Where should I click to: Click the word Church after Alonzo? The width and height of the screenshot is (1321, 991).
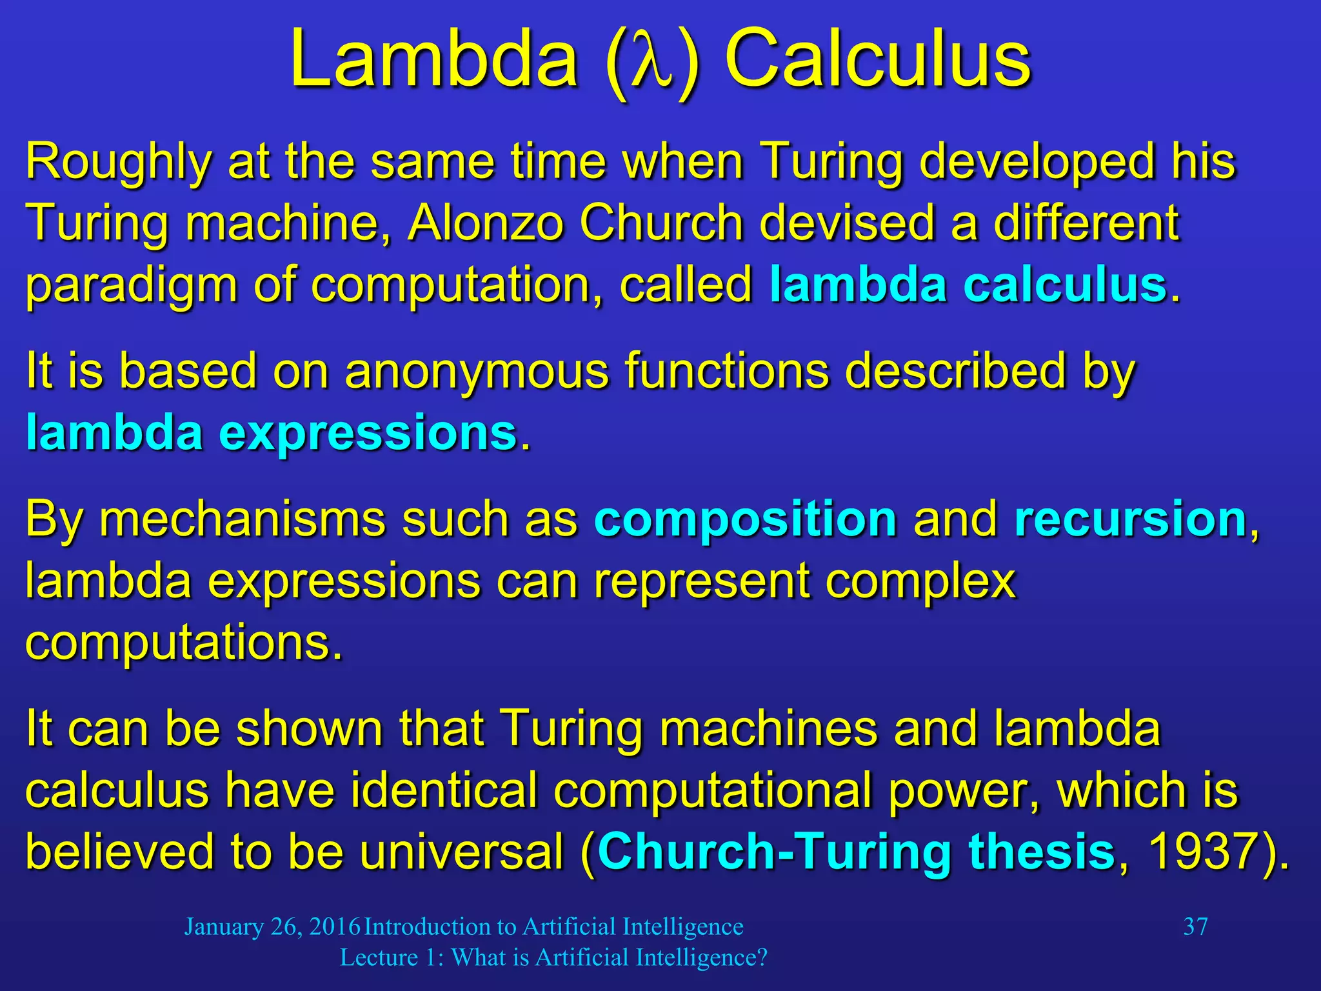pos(662,223)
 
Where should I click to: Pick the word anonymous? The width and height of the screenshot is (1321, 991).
pos(477,372)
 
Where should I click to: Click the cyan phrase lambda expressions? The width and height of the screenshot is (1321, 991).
pos(272,433)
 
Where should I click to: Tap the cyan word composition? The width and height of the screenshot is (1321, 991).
pos(746,519)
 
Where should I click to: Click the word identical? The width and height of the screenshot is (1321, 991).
pos(444,791)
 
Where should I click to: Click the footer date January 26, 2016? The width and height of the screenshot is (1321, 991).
pos(272,927)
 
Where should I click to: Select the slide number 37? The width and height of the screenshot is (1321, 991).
pos(1195,927)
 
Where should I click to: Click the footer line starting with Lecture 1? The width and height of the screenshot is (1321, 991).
pos(553,958)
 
